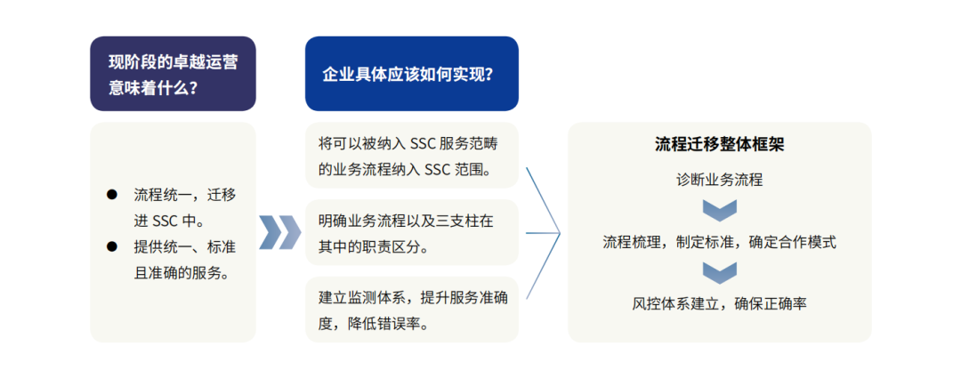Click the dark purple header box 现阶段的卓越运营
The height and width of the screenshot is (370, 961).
click(173, 74)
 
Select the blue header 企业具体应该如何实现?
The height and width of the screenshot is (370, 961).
click(412, 74)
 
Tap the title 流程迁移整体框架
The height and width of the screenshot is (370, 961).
click(720, 145)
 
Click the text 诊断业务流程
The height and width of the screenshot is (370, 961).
click(720, 180)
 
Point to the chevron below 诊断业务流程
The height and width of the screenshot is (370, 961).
click(720, 210)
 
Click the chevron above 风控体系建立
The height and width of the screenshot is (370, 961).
click(720, 272)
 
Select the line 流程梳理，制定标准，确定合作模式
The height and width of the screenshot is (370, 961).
click(720, 242)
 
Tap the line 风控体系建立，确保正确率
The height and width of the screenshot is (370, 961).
click(720, 304)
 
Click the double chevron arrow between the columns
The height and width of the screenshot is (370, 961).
click(280, 232)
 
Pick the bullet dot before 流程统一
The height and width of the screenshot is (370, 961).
click(111, 194)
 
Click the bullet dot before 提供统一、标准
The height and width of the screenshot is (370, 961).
click(111, 246)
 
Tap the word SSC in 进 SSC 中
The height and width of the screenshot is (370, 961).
click(166, 221)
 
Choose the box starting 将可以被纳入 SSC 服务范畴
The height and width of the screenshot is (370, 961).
click(412, 155)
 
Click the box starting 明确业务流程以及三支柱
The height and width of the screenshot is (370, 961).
click(412, 232)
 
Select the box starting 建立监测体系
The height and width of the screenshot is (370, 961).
click(412, 310)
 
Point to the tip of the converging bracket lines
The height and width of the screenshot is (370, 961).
click(561, 233)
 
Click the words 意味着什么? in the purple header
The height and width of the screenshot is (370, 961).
click(153, 87)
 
